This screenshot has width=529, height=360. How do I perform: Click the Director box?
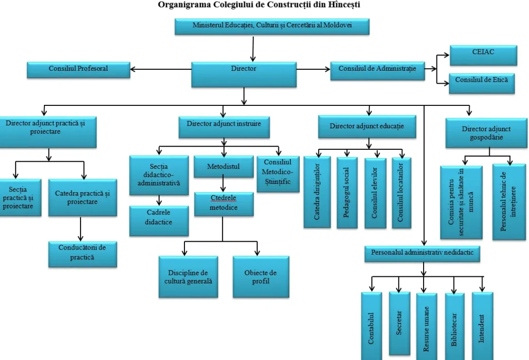(244, 74)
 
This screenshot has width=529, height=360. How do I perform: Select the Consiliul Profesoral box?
(79, 69)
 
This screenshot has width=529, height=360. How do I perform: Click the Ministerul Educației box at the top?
(272, 26)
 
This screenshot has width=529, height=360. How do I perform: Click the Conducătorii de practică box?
(82, 253)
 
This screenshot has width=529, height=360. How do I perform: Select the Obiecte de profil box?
(260, 277)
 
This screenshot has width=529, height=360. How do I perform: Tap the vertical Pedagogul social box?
(347, 192)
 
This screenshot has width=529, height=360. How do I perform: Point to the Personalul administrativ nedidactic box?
(423, 253)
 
